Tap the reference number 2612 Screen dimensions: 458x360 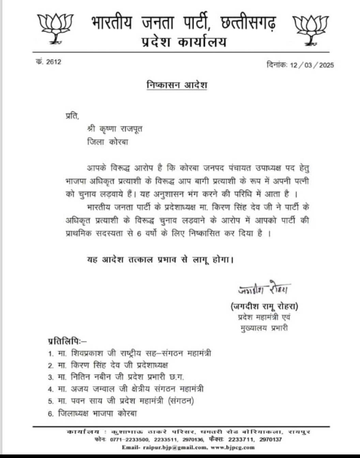(x=54, y=62)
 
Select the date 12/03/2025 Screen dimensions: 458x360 (x=312, y=65)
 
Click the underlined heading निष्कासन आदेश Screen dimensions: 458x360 (x=177, y=85)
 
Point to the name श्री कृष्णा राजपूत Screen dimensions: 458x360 (x=115, y=129)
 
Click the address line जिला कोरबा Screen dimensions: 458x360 (x=107, y=142)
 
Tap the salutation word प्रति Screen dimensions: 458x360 (x=72, y=116)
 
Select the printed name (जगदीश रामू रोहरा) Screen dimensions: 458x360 (x=264, y=306)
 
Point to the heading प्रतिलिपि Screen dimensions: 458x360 (x=67, y=340)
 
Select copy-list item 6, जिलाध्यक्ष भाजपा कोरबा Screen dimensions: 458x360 (x=97, y=414)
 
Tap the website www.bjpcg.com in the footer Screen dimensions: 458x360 (x=232, y=447)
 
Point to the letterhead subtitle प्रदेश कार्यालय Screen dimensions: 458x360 (x=184, y=42)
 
